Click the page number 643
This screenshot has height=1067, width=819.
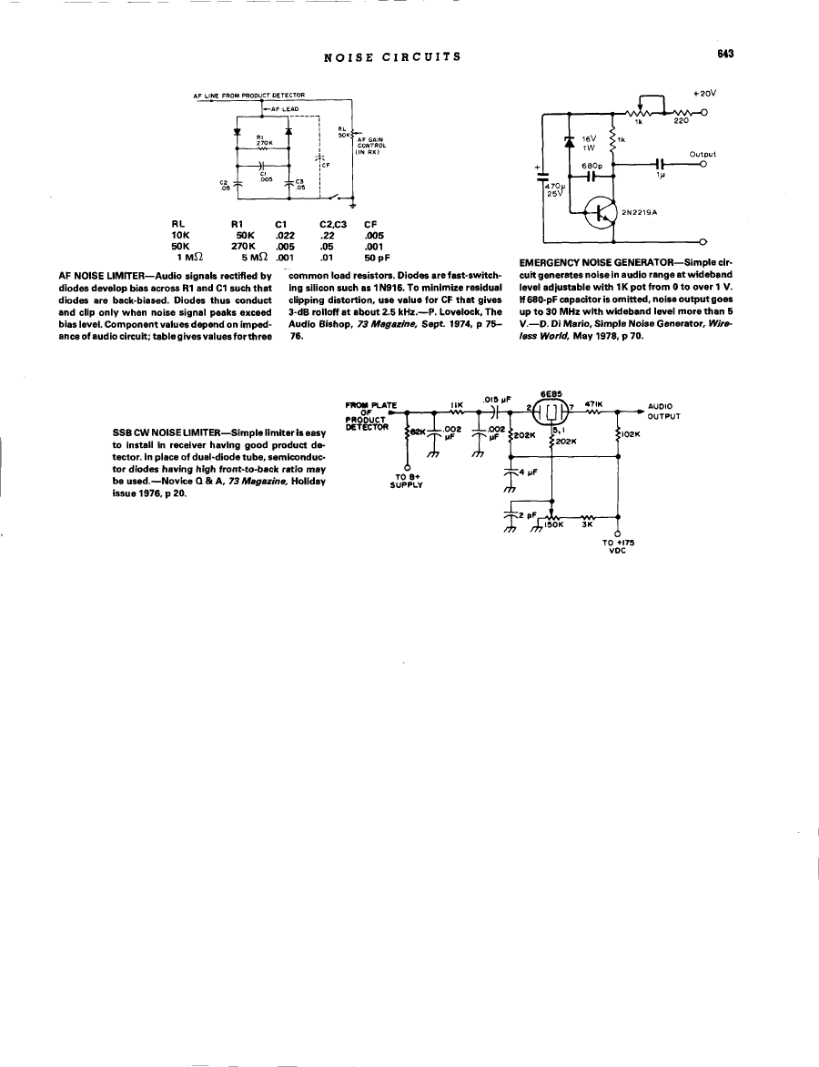[x=724, y=54]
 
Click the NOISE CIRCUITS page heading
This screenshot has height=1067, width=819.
[x=392, y=56]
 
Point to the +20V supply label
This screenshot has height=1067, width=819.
[x=704, y=93]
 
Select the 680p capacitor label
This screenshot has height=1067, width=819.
[x=592, y=165]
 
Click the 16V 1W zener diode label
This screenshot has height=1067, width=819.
[x=589, y=142]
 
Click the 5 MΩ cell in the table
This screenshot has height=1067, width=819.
[x=248, y=256]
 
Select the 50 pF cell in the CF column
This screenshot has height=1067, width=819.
[x=377, y=256]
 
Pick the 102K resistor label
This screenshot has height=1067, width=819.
[x=633, y=434]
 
